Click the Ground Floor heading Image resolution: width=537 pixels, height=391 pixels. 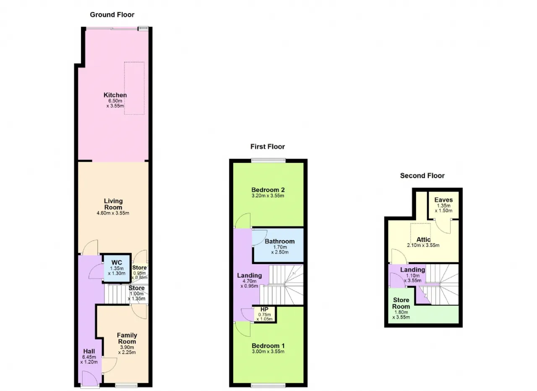(x=112, y=15)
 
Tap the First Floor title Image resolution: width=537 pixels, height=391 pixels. (x=268, y=147)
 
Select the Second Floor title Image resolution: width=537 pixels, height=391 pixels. (x=422, y=176)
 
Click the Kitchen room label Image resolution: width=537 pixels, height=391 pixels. (x=115, y=95)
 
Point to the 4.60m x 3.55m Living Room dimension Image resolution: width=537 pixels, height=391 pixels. (x=113, y=213)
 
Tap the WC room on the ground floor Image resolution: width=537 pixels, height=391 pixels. (x=117, y=268)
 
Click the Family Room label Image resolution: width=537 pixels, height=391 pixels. (x=127, y=338)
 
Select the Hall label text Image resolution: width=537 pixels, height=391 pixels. (x=89, y=351)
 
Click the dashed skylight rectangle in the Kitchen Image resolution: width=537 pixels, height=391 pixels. (x=134, y=88)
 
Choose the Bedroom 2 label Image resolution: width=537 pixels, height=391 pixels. (x=268, y=190)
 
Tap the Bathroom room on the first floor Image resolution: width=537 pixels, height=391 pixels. (x=279, y=245)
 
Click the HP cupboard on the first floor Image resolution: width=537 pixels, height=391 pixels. (x=265, y=314)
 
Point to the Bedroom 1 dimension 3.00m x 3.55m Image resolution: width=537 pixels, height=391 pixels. (x=268, y=352)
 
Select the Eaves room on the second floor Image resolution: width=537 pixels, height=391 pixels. (x=443, y=205)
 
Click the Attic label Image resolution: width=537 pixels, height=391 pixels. (x=423, y=239)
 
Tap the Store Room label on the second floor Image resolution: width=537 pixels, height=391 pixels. (x=401, y=303)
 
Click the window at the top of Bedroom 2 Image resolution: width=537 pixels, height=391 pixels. (x=268, y=160)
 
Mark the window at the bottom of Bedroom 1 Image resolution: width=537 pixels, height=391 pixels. (x=268, y=386)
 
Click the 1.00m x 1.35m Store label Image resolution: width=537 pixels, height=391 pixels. (x=137, y=293)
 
